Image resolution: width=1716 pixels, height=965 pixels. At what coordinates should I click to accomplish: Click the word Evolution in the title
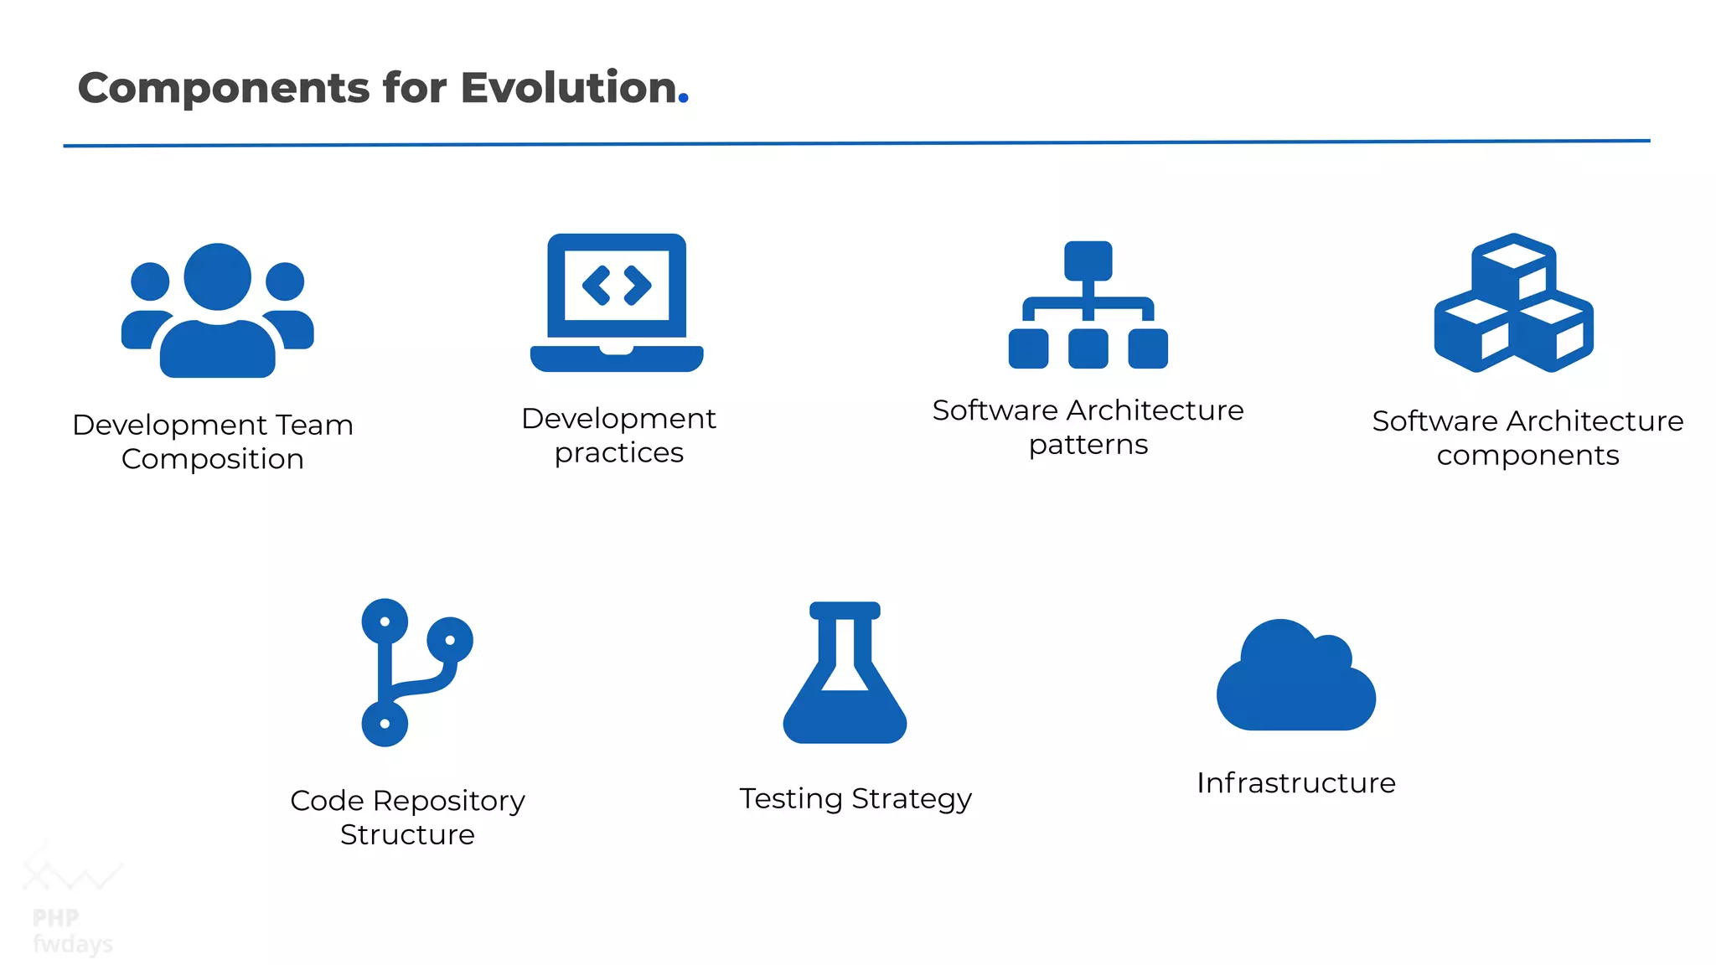coord(568,88)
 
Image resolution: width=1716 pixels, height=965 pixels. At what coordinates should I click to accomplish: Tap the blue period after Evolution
coord(684,99)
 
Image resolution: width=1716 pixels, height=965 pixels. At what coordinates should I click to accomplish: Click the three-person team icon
coord(218,310)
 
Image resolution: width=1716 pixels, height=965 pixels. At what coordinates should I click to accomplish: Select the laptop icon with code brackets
coord(617,302)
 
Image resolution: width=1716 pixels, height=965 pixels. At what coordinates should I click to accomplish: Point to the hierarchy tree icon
coord(1088,305)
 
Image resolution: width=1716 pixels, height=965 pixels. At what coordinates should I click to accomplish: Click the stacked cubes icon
coord(1513,302)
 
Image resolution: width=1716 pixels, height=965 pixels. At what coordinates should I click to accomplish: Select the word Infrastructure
coord(1295,782)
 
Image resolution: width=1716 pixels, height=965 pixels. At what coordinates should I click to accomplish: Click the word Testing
coord(790,799)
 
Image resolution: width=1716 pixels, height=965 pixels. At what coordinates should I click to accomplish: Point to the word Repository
coord(448,801)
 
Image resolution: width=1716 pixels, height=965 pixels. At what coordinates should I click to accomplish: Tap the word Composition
coord(212,459)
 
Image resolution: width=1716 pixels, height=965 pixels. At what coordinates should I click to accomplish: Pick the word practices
coord(618,453)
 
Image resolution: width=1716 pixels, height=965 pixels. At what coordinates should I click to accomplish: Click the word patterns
coord(1088,445)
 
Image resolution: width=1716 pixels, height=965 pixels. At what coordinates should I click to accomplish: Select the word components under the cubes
coord(1527,456)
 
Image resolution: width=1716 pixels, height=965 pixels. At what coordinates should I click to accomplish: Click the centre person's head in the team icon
coord(218,276)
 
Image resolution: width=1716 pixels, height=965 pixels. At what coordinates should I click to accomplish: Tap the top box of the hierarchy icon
coord(1088,261)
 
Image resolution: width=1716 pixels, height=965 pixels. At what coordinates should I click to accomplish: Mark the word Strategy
coord(912,799)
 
